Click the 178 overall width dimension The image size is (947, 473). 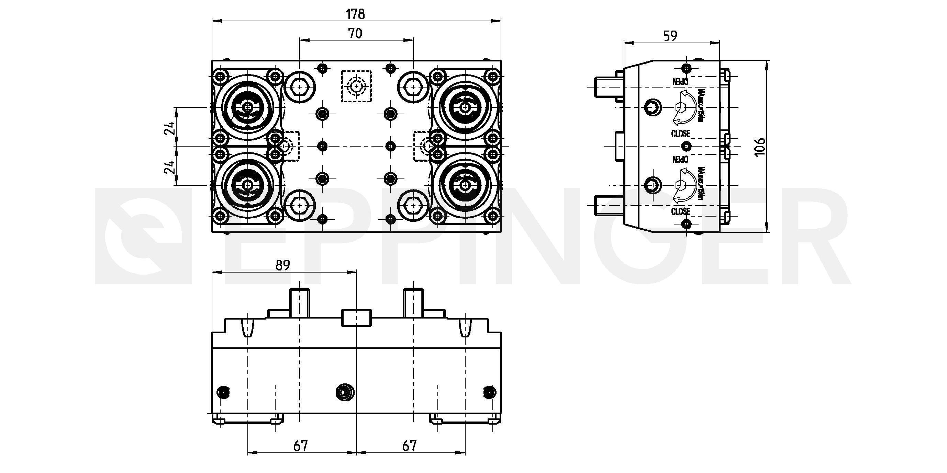click(355, 14)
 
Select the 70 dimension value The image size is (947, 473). click(355, 33)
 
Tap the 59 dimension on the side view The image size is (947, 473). click(670, 36)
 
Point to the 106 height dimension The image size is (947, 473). click(759, 147)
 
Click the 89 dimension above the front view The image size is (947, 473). click(282, 265)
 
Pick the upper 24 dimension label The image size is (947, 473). click(169, 128)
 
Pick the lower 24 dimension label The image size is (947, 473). click(169, 167)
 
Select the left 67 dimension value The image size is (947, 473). click(300, 446)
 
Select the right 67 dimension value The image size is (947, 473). click(409, 446)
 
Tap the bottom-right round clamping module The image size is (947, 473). click(465, 185)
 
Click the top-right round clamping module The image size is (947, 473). click(465, 107)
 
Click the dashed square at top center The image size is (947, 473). click(356, 86)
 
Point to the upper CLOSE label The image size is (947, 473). click(680, 134)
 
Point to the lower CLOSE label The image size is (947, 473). click(680, 211)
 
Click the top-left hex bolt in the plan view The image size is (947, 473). click(300, 88)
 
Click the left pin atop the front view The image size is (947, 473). click(299, 303)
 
